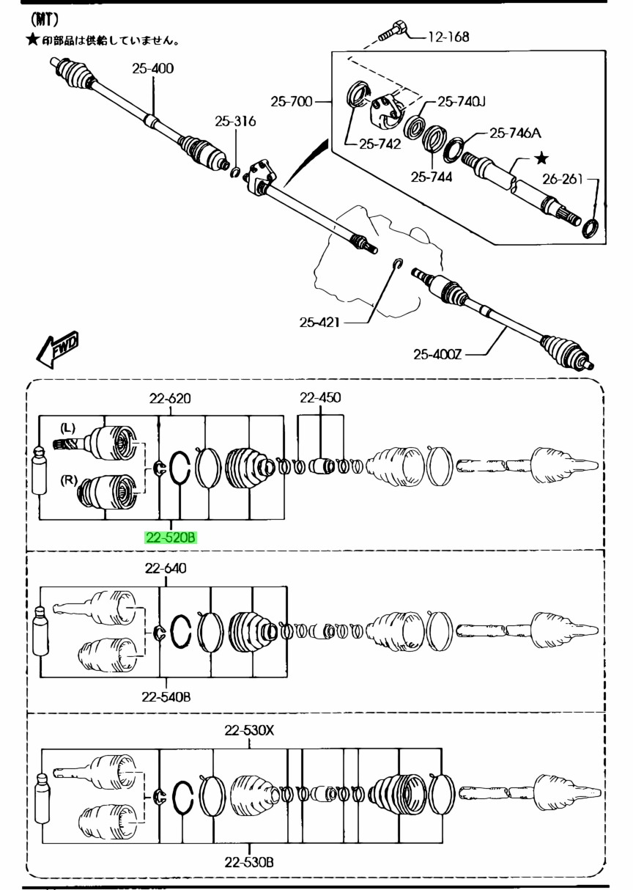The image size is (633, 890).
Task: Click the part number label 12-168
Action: coord(448,37)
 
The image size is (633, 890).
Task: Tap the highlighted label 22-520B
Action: coord(171,537)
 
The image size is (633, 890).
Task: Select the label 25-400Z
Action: coord(437,354)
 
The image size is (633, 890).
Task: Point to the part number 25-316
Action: coord(235,121)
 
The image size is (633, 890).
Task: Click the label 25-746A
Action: coord(515,133)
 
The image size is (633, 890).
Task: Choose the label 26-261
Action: coord(563,179)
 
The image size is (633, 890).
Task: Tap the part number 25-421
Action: coord(319,323)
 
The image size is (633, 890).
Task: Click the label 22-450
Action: coord(320,397)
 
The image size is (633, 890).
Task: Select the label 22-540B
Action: coord(166,696)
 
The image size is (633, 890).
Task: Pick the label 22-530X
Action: coord(249,730)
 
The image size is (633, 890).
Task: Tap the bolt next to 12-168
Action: coord(393,31)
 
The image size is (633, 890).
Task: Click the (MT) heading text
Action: coord(44,20)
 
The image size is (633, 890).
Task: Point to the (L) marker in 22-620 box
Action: coord(67,428)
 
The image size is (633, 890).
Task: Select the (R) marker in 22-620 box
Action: coord(69,480)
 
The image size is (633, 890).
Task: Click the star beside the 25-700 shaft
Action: coord(541,159)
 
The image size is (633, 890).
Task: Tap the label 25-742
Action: coord(380,144)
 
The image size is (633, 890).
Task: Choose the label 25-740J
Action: coord(462,102)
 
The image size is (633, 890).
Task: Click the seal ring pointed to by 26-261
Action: coord(591,228)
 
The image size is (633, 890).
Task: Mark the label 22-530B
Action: coord(249,862)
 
